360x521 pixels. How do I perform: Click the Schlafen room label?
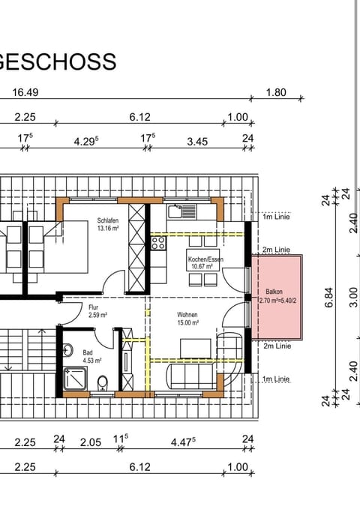point(108,221)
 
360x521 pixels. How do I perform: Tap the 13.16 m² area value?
point(108,229)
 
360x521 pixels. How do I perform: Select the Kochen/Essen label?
point(205,259)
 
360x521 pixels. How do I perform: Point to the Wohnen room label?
point(187,315)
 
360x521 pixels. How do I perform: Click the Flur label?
point(94,307)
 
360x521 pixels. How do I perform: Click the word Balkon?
point(274,293)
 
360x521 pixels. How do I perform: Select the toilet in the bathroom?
point(103,385)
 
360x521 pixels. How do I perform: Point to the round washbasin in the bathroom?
point(67,350)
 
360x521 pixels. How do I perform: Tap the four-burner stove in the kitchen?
point(158,243)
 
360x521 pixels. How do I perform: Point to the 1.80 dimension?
point(277,93)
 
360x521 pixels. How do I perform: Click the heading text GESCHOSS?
point(58,61)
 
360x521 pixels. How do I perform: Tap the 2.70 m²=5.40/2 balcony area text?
point(276,301)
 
